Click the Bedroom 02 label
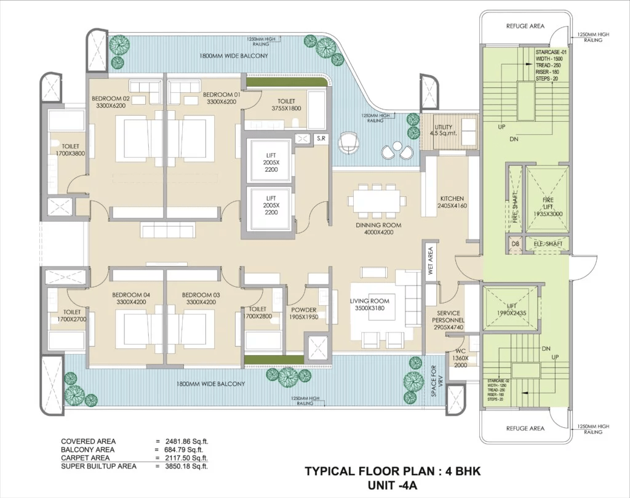(111, 98)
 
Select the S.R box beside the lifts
(321, 139)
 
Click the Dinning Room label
(378, 225)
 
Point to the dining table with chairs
(377, 201)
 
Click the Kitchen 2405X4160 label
(452, 202)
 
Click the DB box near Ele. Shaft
(516, 244)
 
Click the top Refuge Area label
(525, 26)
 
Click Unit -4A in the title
(393, 484)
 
